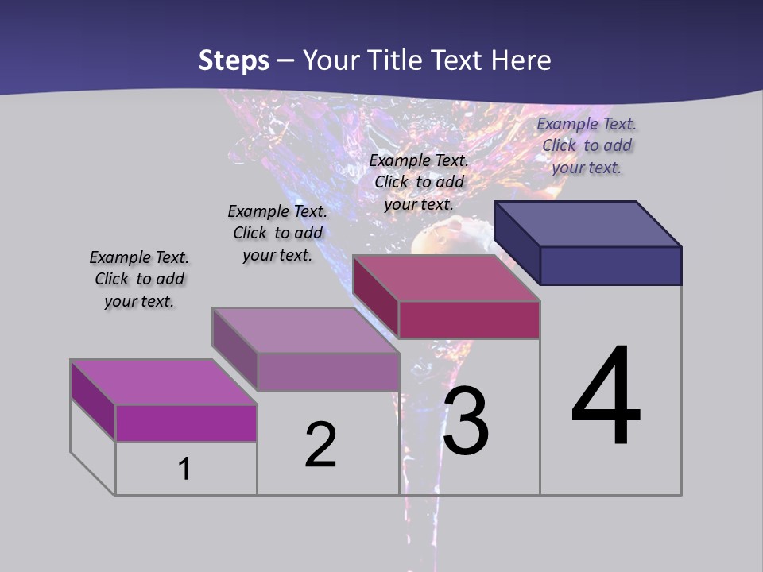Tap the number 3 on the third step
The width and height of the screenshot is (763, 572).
click(466, 421)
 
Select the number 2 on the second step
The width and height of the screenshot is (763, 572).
click(320, 444)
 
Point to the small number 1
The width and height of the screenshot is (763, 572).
click(184, 469)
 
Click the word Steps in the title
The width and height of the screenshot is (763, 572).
click(234, 60)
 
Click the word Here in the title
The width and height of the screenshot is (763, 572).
click(521, 60)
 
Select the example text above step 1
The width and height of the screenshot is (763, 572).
click(139, 279)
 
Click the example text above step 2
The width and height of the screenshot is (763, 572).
click(277, 233)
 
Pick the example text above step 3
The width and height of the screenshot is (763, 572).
click(419, 182)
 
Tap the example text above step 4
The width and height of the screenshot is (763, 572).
click(587, 145)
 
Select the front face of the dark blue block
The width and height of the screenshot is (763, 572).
click(610, 265)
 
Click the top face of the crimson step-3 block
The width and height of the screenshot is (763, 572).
click(446, 278)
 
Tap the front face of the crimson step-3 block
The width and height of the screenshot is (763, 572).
click(469, 319)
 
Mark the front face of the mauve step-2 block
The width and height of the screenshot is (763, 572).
click(327, 372)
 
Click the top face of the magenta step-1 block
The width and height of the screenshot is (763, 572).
click(163, 382)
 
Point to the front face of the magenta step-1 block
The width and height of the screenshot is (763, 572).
click(186, 423)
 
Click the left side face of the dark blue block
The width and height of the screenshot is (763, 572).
click(517, 242)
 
